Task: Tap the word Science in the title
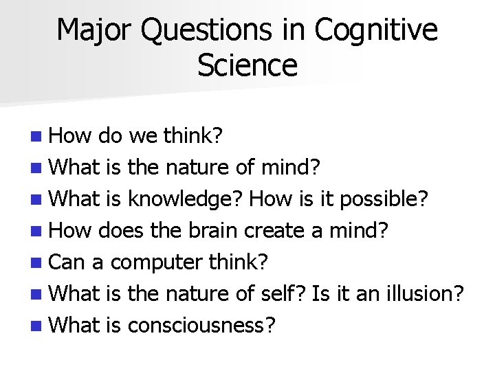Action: pyautogui.click(x=247, y=66)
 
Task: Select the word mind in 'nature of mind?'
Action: pyautogui.click(x=292, y=167)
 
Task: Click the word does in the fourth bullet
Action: pyautogui.click(x=121, y=230)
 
